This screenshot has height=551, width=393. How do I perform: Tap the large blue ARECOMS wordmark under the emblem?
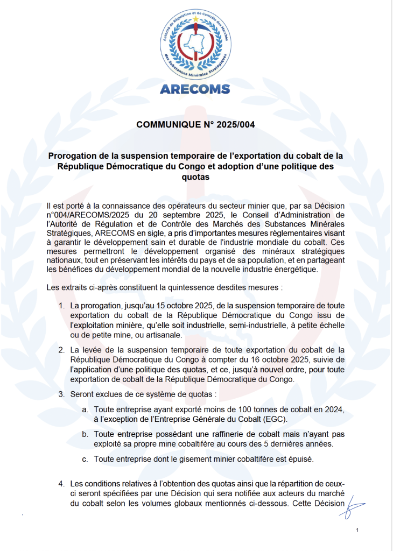(x=195, y=89)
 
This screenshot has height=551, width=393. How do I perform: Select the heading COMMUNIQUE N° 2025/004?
(x=195, y=125)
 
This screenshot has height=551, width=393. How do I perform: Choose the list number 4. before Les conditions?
(x=62, y=484)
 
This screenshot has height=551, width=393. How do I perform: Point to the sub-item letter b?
(x=85, y=434)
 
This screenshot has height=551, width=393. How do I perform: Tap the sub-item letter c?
(x=85, y=459)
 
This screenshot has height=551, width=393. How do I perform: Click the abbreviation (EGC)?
(x=277, y=419)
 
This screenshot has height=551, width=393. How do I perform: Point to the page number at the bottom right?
(x=357, y=531)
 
